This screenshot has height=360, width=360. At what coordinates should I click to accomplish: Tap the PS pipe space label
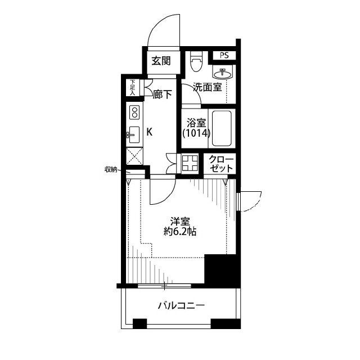tap(224, 56)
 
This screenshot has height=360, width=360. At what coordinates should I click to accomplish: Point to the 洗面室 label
tap(207, 87)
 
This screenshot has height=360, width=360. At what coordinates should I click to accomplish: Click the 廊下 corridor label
tap(162, 95)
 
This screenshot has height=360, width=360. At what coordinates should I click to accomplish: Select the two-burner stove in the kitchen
tap(135, 112)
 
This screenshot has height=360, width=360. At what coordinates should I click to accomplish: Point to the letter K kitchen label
tap(150, 132)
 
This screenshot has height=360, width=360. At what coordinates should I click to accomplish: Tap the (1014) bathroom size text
tap(196, 134)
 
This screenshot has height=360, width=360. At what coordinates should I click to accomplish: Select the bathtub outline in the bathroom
tap(223, 128)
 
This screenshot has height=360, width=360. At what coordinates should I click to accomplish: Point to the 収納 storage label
tap(111, 169)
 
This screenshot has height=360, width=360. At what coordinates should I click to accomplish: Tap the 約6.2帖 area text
tap(180, 231)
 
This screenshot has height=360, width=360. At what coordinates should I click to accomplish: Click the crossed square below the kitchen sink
tap(135, 155)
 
